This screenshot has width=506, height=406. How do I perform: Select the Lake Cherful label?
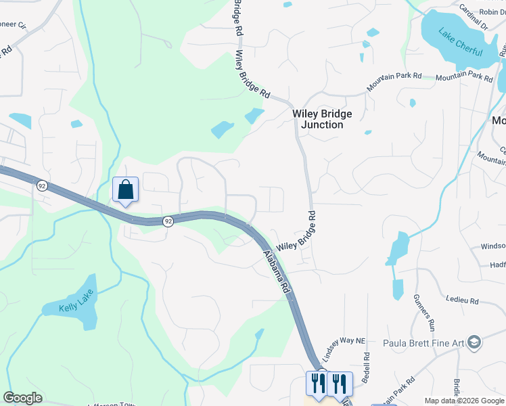tap(460, 42)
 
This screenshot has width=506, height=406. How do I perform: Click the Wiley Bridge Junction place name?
tap(322, 119)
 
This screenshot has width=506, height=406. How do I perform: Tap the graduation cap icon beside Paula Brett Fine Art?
tap(474, 342)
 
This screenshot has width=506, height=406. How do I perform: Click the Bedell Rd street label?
tap(366, 368)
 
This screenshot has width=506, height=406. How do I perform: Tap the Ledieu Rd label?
tap(462, 299)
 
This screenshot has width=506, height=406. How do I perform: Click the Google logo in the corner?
tap(22, 398)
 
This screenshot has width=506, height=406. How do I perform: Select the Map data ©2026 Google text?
tap(464, 401)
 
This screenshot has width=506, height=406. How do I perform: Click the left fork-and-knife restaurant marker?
tap(316, 383)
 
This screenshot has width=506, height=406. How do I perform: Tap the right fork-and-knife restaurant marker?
tap(338, 383)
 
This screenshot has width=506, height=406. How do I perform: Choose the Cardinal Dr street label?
tap(473, 18)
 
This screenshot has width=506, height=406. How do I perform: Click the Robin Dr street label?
tap(492, 12)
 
